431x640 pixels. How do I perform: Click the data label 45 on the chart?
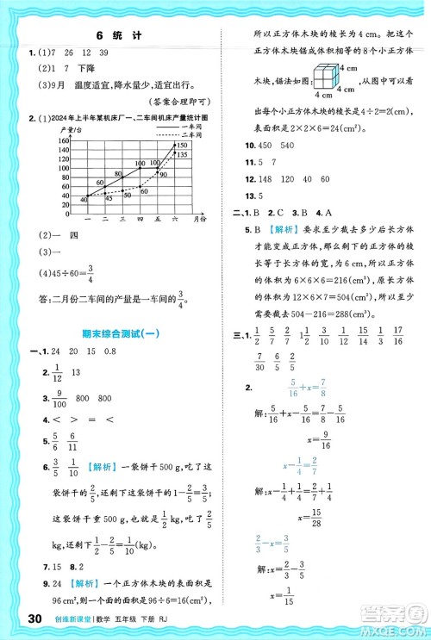(108, 198)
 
